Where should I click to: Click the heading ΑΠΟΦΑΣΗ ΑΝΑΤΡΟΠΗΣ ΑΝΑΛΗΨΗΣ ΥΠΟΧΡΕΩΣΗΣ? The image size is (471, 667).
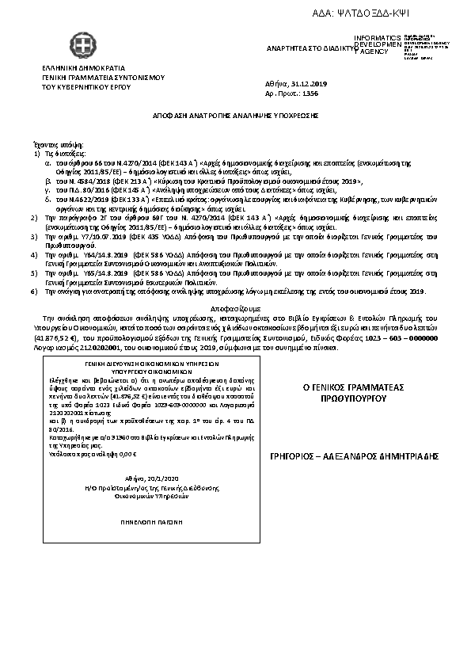click(236, 114)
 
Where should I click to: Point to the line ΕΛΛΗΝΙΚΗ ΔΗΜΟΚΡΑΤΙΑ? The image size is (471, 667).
click(78, 69)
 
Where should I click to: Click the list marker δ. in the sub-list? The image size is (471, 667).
click(47, 200)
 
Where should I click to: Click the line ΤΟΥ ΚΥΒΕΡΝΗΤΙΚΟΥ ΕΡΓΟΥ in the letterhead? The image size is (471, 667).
click(83, 87)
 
